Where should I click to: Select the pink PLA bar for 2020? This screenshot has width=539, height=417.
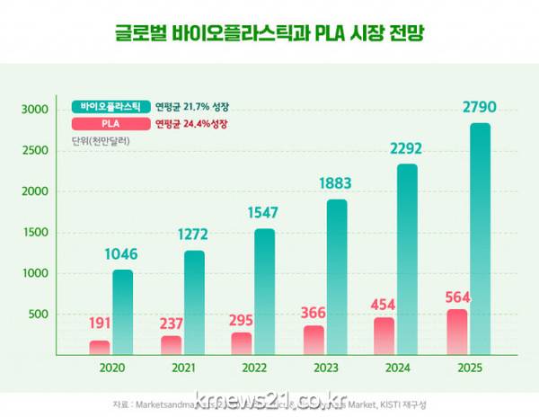100,347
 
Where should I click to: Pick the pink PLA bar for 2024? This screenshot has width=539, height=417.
384,335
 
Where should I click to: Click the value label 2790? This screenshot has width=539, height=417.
479,109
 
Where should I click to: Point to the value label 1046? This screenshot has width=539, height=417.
122,255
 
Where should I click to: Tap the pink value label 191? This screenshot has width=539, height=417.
100,324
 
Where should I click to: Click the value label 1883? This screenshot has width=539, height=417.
336,184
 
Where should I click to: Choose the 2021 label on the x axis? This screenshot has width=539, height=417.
183,369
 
